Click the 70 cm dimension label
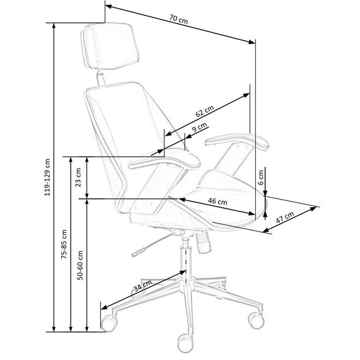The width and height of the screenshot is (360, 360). tap(179, 20)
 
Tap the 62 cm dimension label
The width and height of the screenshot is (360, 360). tap(205, 111)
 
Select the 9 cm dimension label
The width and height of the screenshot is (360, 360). tap(200, 127)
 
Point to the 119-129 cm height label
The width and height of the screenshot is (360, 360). tap(47, 177)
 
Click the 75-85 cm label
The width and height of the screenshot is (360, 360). tap(64, 244)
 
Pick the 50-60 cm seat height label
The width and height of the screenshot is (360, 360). tap(80, 265)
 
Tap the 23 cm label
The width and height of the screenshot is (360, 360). tap(78, 177)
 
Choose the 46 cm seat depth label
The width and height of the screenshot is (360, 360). tap(218, 201)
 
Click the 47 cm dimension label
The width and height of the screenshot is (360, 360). tap(285, 217)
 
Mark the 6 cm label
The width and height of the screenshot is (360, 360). tap(261, 177)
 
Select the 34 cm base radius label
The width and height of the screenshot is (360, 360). tap(143, 285)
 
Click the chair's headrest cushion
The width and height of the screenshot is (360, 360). tap(110, 45)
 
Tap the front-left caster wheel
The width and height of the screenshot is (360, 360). tap(109, 323)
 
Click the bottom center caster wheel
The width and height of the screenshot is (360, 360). tap(185, 343)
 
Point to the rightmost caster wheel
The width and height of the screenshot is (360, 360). tap(256, 320)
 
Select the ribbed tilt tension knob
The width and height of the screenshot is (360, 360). tap(203, 242)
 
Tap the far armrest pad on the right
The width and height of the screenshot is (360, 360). tap(237, 141)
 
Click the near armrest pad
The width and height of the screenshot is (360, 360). tap(164, 160)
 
